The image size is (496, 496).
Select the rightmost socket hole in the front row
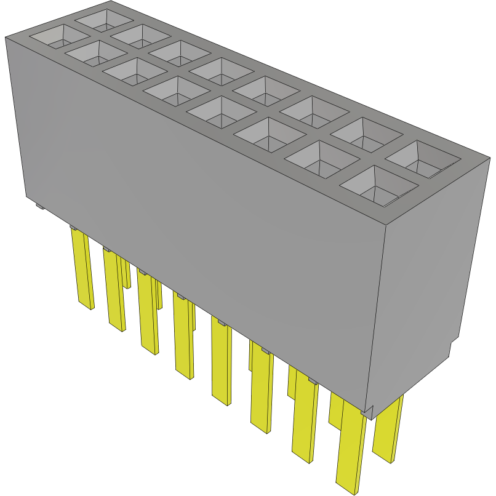click(377, 185)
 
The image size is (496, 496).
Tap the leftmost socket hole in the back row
click(103, 19)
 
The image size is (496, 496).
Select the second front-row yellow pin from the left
click(114, 289)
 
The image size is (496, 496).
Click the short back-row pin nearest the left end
click(126, 274)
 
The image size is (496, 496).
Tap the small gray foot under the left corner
click(39, 207)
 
